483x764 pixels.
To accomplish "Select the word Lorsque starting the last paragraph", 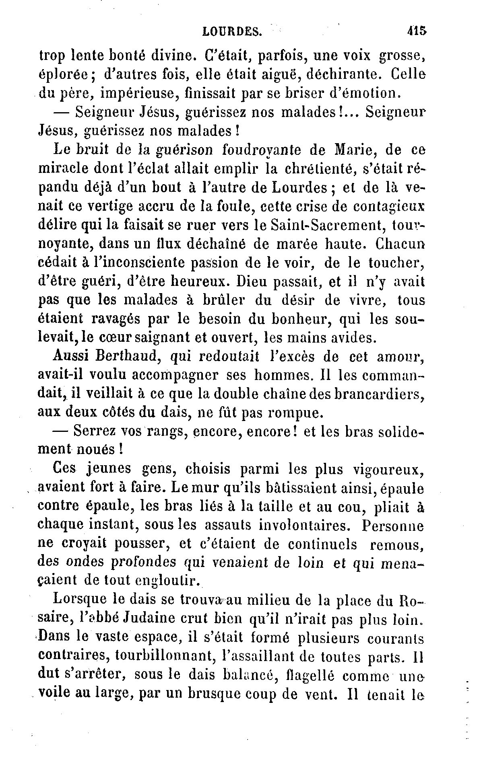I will [79, 600].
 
